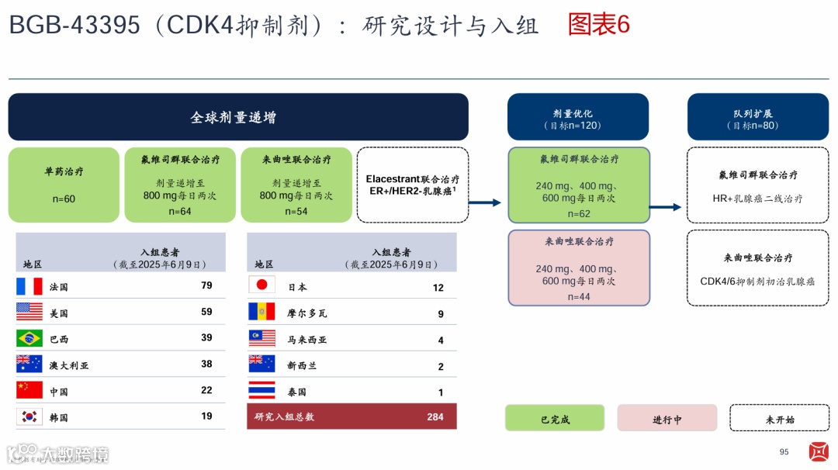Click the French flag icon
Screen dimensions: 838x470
(x=29, y=286)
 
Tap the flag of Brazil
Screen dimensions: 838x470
(x=29, y=339)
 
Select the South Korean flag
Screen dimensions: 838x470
(x=29, y=417)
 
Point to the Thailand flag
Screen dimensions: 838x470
(x=261, y=391)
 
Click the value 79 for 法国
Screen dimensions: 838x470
(x=206, y=285)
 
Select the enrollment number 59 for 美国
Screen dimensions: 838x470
(x=206, y=313)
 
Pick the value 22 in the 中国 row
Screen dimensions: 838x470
(x=206, y=390)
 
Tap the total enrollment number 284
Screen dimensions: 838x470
(x=435, y=416)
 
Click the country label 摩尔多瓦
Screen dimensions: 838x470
(x=307, y=313)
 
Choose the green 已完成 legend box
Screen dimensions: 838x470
(x=555, y=419)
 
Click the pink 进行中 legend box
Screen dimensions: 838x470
(x=667, y=419)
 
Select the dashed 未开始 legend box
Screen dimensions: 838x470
(x=779, y=419)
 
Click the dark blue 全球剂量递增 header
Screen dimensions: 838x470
(x=238, y=117)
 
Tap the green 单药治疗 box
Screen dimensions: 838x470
(x=64, y=185)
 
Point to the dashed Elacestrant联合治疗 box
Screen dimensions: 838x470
(x=413, y=185)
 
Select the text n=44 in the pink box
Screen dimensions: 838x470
(x=579, y=297)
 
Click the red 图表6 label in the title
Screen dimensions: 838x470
(x=598, y=25)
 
